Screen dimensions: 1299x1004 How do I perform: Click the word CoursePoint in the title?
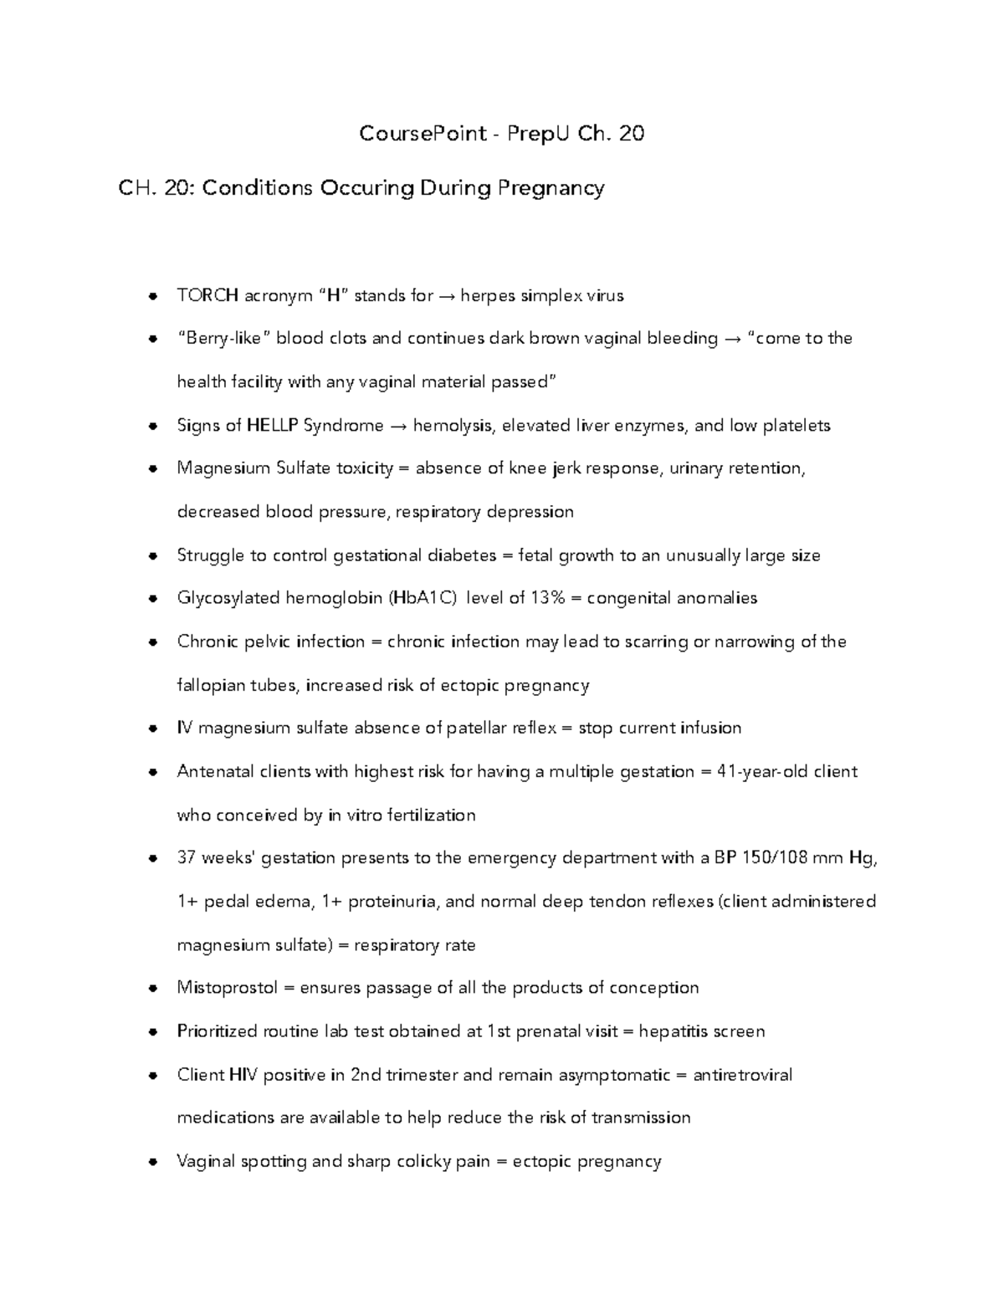tap(423, 134)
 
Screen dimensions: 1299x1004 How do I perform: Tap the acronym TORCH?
tap(207, 295)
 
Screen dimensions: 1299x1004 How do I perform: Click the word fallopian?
tap(207, 686)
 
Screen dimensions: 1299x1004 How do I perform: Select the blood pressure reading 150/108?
tap(756, 858)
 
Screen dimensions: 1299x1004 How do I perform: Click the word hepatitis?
tap(674, 1031)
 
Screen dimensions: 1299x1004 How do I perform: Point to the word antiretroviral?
tap(742, 1075)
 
